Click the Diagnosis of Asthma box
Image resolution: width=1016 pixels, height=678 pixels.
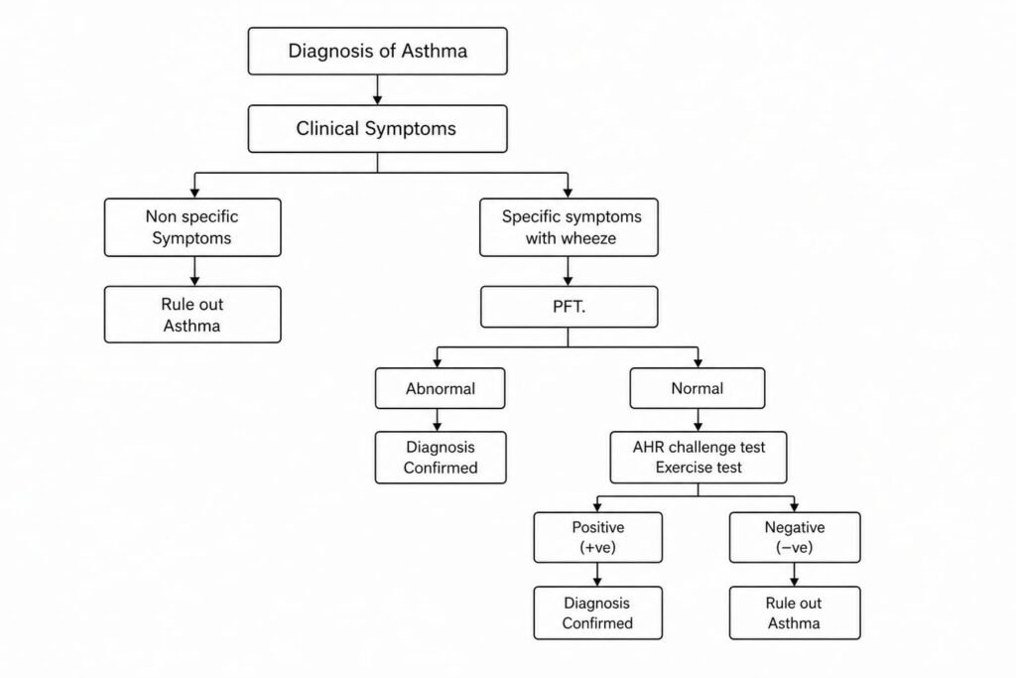click(x=377, y=51)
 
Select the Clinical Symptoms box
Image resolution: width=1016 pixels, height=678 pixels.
click(x=377, y=129)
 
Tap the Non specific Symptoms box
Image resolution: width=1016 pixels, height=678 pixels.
click(x=192, y=226)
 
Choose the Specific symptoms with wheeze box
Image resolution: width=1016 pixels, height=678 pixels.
click(x=568, y=226)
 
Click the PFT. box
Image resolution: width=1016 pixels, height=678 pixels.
click(x=568, y=307)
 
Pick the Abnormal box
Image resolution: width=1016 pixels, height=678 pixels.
click(x=440, y=388)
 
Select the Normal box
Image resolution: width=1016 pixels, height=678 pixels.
click(x=698, y=388)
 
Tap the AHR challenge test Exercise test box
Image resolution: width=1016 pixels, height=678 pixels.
click(x=698, y=457)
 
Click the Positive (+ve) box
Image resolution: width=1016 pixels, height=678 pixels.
click(x=598, y=537)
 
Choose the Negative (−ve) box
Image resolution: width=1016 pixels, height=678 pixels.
click(x=794, y=537)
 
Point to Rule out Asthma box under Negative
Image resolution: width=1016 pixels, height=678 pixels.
click(x=794, y=612)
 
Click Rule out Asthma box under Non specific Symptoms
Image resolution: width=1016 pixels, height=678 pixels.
click(x=192, y=315)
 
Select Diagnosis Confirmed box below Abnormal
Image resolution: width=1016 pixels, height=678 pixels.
click(x=440, y=457)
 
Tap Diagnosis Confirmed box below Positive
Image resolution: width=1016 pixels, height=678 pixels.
click(x=598, y=612)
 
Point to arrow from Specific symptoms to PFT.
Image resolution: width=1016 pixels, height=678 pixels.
click(x=568, y=271)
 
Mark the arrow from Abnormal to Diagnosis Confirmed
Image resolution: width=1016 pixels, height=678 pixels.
click(x=440, y=419)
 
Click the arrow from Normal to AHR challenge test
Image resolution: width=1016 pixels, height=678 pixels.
click(x=698, y=419)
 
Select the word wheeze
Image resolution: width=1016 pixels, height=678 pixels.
click(x=593, y=238)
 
